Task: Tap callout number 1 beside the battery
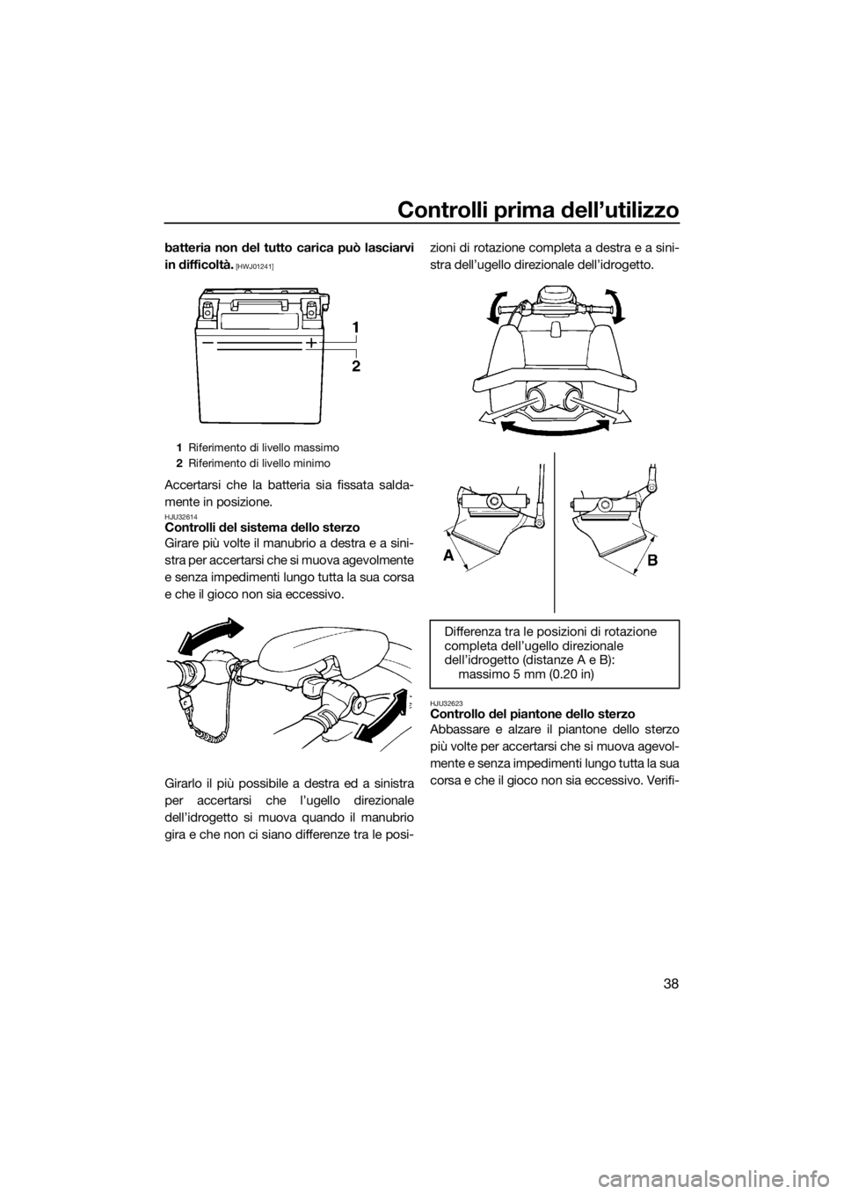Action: coord(355,328)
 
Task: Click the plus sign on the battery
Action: coord(310,343)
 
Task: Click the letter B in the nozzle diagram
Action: coord(653,560)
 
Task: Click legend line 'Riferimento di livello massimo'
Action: coord(264,447)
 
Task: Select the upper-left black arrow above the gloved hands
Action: coord(212,633)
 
